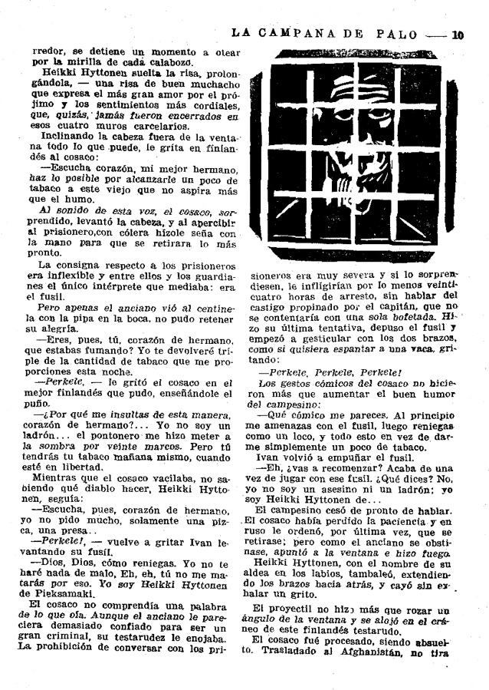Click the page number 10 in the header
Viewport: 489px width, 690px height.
point(458,34)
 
